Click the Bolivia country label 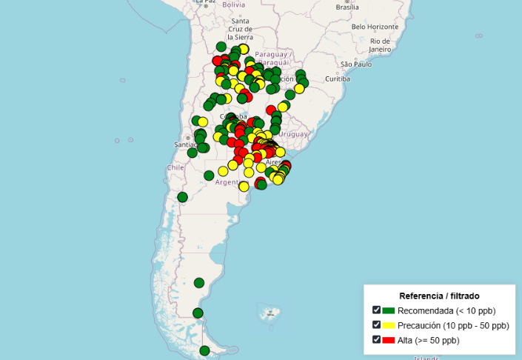pyautogui.click(x=233, y=4)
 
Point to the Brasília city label pyautogui.click(x=347, y=7)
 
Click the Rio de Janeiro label pyautogui.click(x=381, y=45)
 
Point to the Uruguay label pyautogui.click(x=294, y=134)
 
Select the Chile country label pyautogui.click(x=175, y=167)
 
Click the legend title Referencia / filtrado pyautogui.click(x=439, y=296)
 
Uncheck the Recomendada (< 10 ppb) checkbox pyautogui.click(x=377, y=310)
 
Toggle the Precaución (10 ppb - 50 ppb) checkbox pyautogui.click(x=377, y=325)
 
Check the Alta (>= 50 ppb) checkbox pyautogui.click(x=377, y=340)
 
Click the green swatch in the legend pyautogui.click(x=388, y=310)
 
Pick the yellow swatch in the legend pyautogui.click(x=388, y=325)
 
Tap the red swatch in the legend pyautogui.click(x=388, y=340)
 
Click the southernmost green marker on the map pyautogui.click(x=204, y=351)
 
